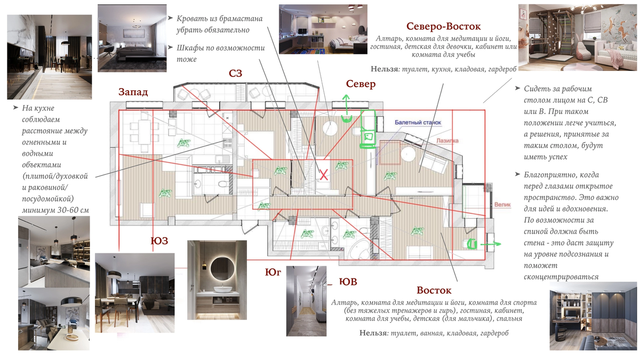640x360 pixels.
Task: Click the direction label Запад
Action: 133,92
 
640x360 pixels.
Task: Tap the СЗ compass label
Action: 236,73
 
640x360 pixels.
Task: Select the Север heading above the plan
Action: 361,84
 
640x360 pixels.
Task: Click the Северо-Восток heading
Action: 443,26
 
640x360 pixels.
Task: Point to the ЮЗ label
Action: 159,241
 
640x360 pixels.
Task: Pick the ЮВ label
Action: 348,282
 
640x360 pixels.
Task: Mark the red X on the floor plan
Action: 324,174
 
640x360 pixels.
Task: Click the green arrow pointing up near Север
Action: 346,101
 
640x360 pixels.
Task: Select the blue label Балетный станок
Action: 418,123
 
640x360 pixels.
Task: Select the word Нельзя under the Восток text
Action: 372,333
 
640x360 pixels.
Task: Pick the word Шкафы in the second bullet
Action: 194,47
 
